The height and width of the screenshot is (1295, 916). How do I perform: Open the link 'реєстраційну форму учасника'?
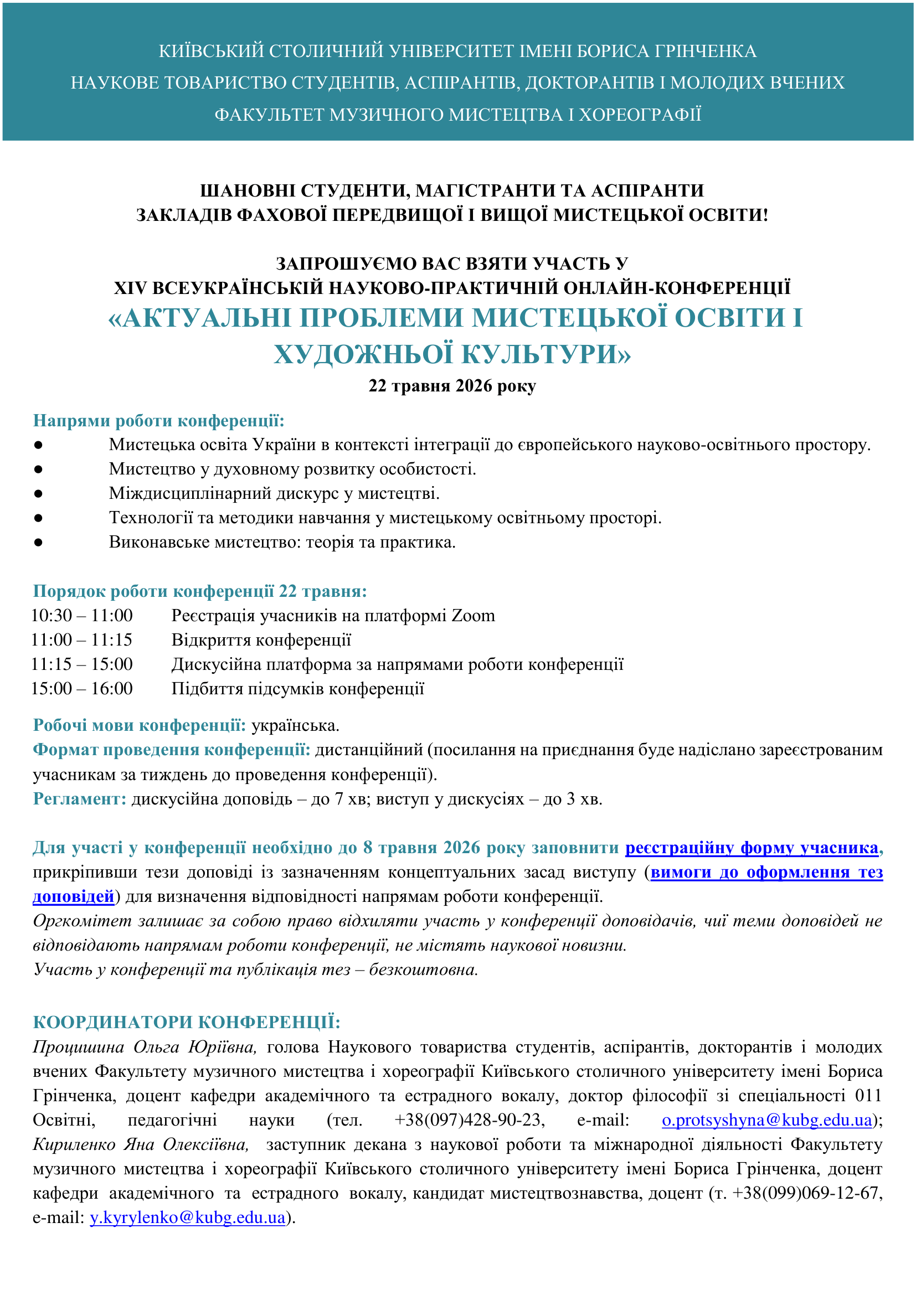752,847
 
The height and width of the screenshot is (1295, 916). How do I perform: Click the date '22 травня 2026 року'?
452,386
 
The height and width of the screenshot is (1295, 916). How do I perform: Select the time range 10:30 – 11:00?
82,615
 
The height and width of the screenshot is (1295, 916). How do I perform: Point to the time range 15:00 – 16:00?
82,688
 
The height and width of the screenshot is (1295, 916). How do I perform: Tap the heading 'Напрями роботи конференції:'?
158,420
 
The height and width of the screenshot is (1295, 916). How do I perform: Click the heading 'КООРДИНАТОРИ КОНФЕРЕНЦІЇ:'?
187,1022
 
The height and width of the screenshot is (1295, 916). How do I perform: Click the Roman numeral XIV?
130,288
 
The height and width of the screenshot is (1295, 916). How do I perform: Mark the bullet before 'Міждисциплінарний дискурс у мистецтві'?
38,493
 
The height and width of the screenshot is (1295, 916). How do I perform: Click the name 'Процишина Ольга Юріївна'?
145,1047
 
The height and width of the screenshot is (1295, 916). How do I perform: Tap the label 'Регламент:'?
80,799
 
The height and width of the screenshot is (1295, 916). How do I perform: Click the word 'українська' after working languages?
295,725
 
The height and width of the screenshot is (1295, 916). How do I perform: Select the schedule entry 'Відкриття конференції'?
261,639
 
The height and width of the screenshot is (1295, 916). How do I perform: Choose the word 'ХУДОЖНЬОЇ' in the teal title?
363,354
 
